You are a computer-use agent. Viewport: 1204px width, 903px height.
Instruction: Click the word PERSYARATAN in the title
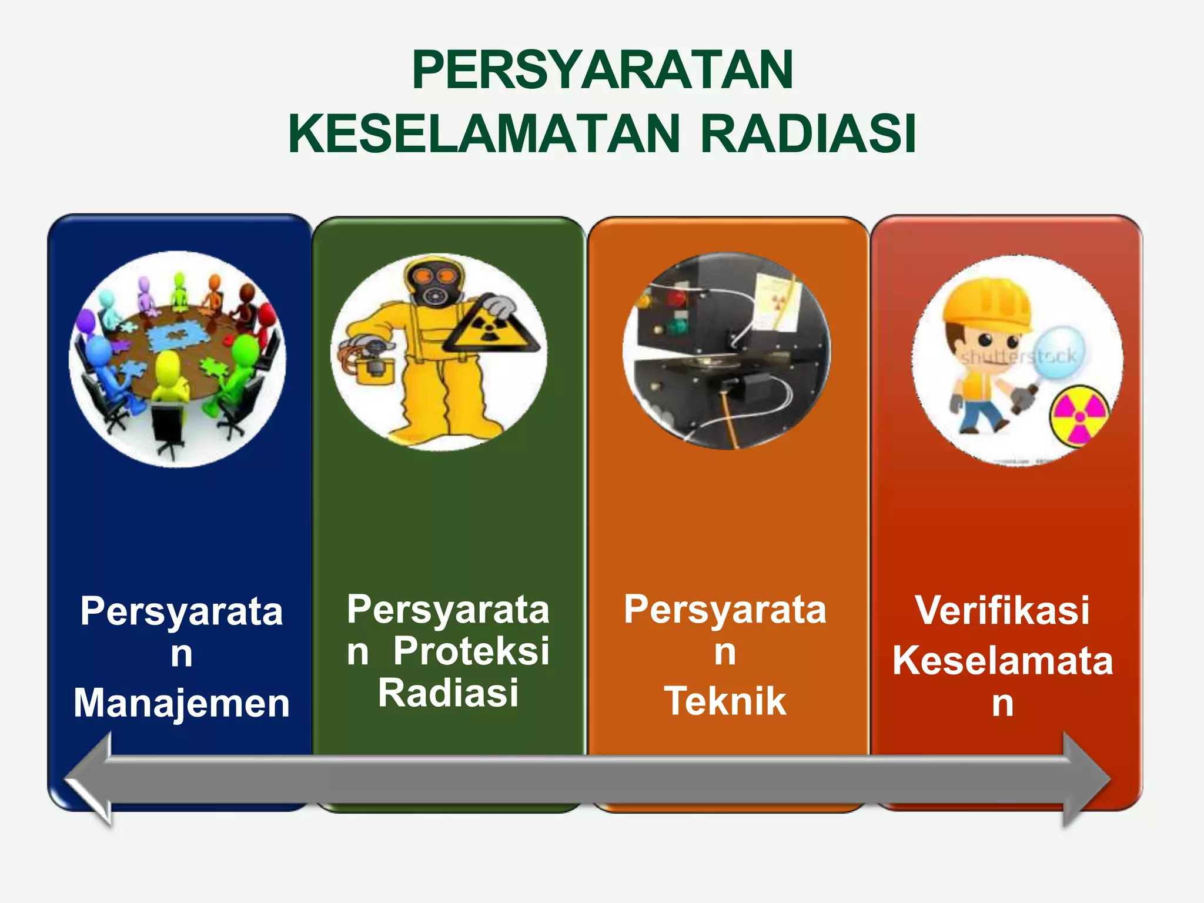pos(602,70)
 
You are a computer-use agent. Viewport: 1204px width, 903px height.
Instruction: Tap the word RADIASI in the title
pos(808,134)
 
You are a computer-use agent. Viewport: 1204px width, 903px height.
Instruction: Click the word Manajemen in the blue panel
pos(182,703)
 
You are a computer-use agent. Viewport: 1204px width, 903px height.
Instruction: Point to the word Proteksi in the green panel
pos(471,651)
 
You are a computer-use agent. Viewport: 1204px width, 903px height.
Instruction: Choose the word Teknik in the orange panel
pos(725,701)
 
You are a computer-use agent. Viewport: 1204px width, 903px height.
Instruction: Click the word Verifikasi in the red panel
pos(1002,610)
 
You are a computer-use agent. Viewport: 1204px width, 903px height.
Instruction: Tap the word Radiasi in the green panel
pos(448,693)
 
